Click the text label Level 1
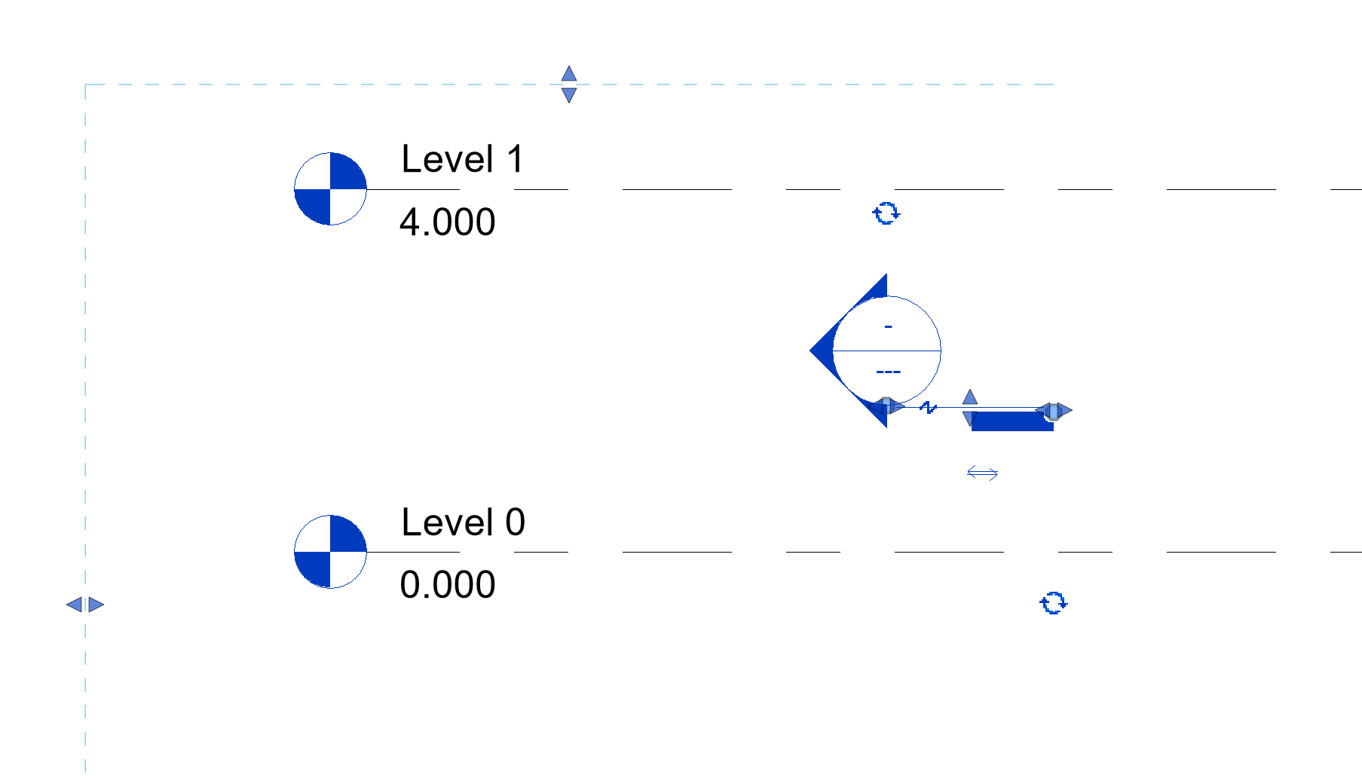(462, 159)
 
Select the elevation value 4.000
(447, 222)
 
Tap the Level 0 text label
(463, 522)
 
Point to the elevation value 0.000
(447, 585)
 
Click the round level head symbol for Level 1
(330, 189)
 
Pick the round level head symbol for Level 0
(330, 552)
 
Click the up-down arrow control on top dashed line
(569, 84)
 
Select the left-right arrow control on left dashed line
(85, 605)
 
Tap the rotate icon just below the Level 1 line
(886, 213)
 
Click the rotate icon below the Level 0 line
(1054, 603)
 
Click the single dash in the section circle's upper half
(888, 326)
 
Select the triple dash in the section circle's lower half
(888, 372)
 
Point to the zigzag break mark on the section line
(928, 408)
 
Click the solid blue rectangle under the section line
(1012, 421)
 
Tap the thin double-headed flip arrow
(982, 473)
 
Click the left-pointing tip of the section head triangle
(810, 351)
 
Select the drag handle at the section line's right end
(1054, 411)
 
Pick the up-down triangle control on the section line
(970, 408)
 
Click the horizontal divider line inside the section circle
(886, 351)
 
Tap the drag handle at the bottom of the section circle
(886, 406)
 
